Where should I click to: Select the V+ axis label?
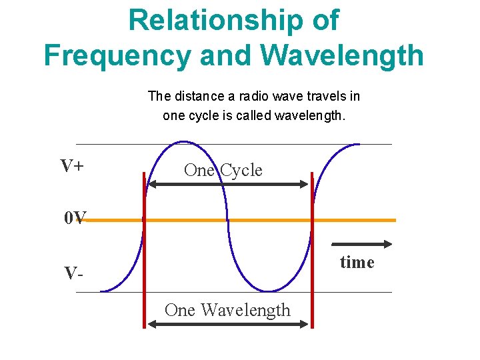click(71, 166)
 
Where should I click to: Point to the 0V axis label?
click(75, 217)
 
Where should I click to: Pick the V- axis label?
click(73, 273)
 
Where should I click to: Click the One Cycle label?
click(223, 170)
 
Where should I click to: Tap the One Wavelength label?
click(227, 310)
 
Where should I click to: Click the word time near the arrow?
click(357, 262)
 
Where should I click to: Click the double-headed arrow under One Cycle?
click(228, 184)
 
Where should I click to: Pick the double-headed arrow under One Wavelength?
click(228, 325)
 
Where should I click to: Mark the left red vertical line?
click(143, 250)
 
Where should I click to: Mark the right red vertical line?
click(311, 250)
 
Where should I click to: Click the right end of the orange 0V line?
click(394, 220)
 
